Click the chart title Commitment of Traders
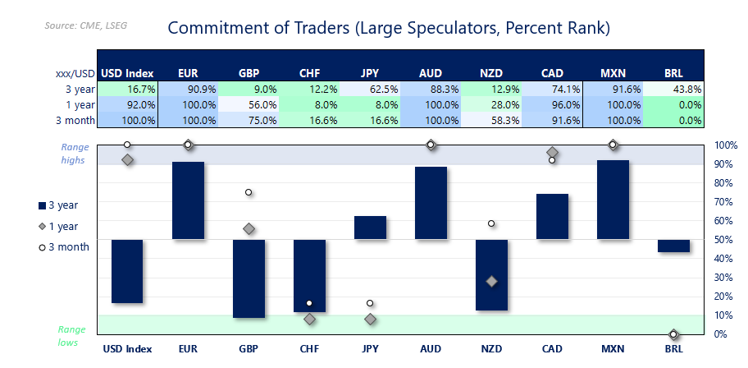(388, 28)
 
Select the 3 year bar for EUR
(188, 200)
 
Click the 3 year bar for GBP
(249, 278)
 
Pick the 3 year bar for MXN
(613, 200)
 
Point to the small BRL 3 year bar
(673, 246)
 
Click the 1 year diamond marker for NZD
(491, 281)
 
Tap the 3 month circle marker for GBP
(249, 192)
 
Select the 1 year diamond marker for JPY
(370, 319)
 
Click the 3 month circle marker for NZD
(491, 223)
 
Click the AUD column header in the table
(431, 73)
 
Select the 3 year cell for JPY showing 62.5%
(370, 89)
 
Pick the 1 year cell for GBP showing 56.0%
(249, 104)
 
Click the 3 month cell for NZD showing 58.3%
(491, 120)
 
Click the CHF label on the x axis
(309, 349)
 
